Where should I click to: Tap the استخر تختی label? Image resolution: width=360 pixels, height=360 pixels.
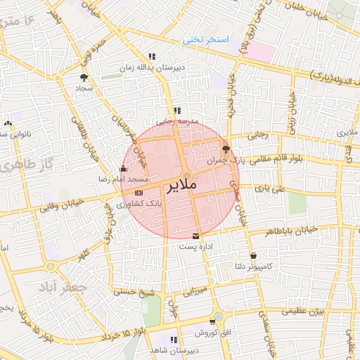click(206, 39)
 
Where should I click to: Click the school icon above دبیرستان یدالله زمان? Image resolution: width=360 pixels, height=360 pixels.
click(151, 56)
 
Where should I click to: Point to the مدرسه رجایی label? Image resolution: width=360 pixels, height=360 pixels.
click(177, 121)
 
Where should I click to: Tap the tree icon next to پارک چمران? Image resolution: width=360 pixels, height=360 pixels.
click(226, 149)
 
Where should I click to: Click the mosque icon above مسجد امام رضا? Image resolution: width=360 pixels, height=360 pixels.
click(124, 169)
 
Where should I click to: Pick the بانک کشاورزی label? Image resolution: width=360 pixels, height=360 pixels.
click(139, 203)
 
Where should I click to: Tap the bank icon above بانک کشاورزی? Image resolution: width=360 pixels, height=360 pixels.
click(139, 192)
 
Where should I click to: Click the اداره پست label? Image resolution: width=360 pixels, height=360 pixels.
click(195, 247)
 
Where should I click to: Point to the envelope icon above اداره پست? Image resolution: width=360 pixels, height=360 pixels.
click(195, 235)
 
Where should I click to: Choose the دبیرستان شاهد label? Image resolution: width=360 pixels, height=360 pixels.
click(173, 350)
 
